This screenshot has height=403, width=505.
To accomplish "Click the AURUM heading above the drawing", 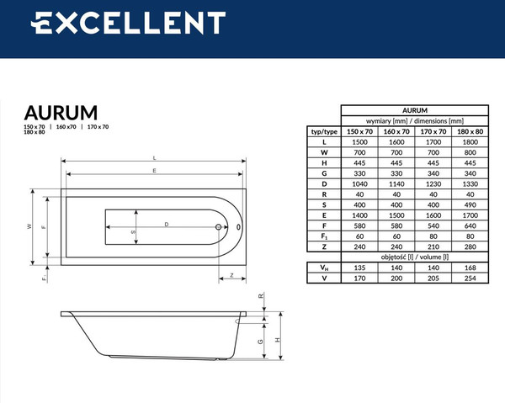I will click(60, 112).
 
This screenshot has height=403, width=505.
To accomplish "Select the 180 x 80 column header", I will click(470, 132).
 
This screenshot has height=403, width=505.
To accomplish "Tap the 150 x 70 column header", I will click(359, 132).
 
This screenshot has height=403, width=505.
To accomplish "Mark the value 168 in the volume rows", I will click(470, 267).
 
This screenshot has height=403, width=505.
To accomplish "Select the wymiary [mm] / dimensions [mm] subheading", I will click(415, 120).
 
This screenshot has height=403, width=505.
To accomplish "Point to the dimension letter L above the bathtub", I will click(155, 158).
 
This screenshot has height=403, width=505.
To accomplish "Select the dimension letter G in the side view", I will click(261, 341).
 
